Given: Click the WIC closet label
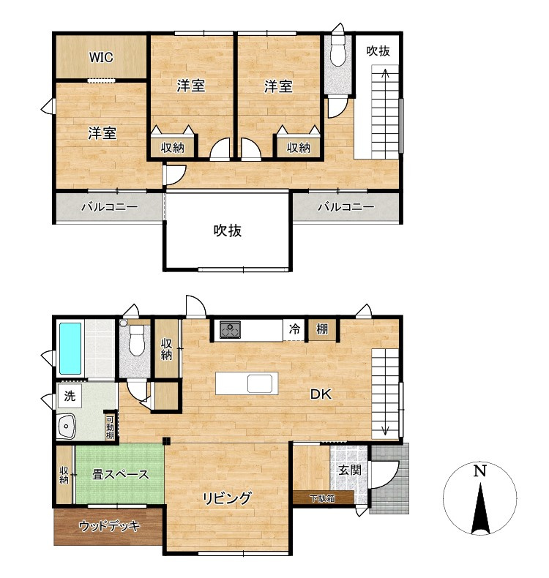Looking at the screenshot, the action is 101,57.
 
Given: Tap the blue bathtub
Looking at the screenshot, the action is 70,348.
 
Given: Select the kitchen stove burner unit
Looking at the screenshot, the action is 230,329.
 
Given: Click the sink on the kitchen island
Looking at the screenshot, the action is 260,383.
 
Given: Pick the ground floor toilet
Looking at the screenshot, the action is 137,340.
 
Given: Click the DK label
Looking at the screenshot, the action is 321,394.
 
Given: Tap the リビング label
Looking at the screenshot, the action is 227,498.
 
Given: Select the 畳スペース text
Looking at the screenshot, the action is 121,474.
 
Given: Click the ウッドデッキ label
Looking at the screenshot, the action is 110,526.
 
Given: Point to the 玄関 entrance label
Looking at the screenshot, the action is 350,470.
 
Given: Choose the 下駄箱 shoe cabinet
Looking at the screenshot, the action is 324,498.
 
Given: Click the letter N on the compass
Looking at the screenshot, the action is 479,470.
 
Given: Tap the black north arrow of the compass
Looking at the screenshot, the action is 480,508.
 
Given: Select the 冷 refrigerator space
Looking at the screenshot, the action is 294,329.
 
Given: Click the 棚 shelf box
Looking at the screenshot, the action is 322,329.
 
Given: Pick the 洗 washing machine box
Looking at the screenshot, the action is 70,396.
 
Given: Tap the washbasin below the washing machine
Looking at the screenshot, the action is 67,427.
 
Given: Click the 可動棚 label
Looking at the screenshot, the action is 110,427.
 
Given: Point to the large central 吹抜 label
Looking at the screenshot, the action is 228,230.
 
